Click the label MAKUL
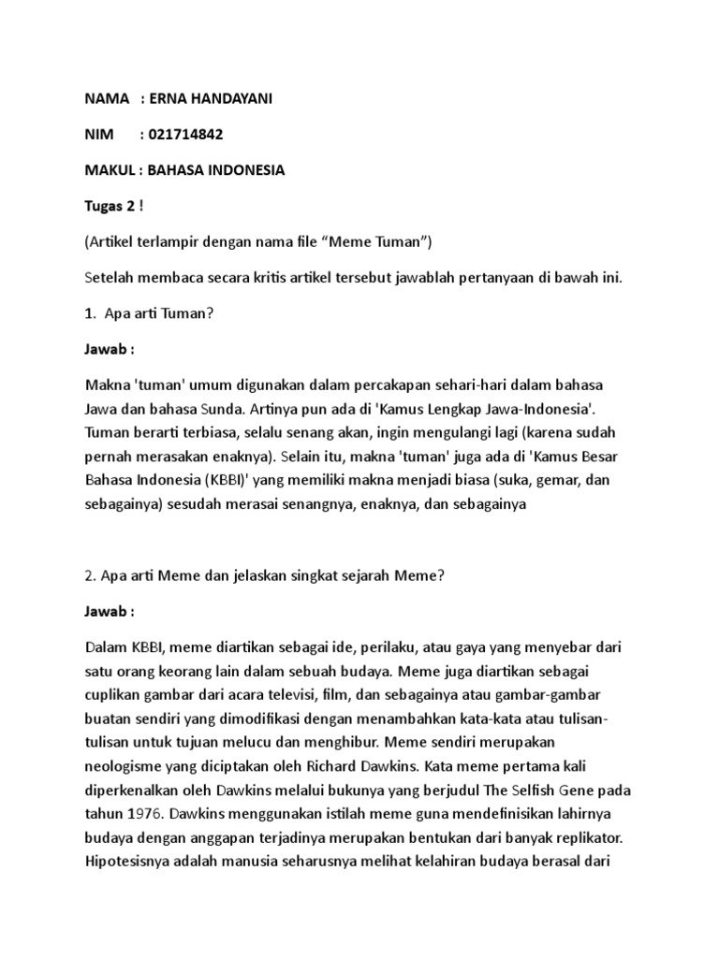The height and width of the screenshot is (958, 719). click(x=110, y=170)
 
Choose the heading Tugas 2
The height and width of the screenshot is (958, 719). click(x=109, y=206)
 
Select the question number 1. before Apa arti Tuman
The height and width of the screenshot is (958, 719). click(x=90, y=313)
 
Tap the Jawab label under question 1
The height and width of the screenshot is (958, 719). click(x=110, y=349)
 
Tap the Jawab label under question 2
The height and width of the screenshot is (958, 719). click(x=110, y=611)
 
